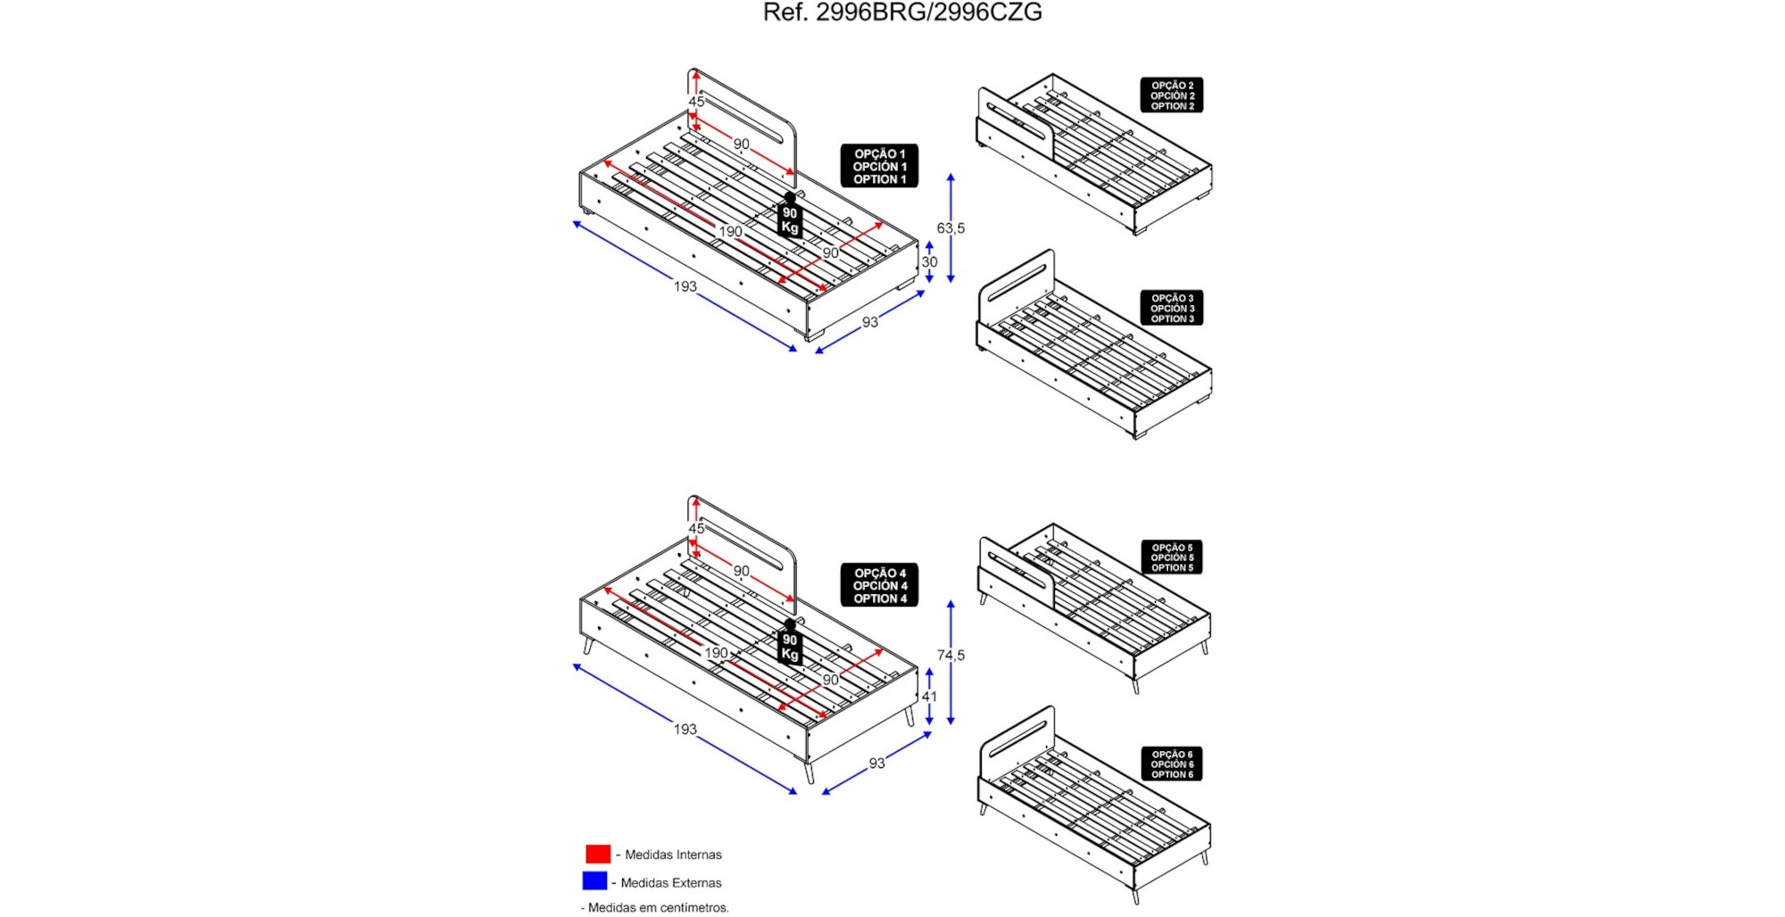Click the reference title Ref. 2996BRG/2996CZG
pyautogui.click(x=902, y=12)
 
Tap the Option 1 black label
pyautogui.click(x=879, y=166)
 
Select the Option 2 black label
pyautogui.click(x=1171, y=95)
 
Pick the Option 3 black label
pyautogui.click(x=1171, y=308)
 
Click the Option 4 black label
pyautogui.click(x=879, y=585)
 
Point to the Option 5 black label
pyautogui.click(x=1171, y=558)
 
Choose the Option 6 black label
pyautogui.click(x=1171, y=764)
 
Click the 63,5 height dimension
pyautogui.click(x=951, y=228)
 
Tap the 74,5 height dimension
pyautogui.click(x=951, y=656)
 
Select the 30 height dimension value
pyautogui.click(x=929, y=262)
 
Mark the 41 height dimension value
pyautogui.click(x=929, y=697)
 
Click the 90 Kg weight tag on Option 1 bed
pyautogui.click(x=790, y=219)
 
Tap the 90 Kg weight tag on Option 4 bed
pyautogui.click(x=790, y=646)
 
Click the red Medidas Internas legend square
pyautogui.click(x=598, y=854)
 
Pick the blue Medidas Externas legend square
pyautogui.click(x=594, y=881)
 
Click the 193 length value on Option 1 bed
pyautogui.click(x=685, y=286)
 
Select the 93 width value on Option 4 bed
pyautogui.click(x=876, y=764)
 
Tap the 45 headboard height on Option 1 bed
pyautogui.click(x=696, y=102)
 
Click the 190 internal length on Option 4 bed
pyautogui.click(x=716, y=653)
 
